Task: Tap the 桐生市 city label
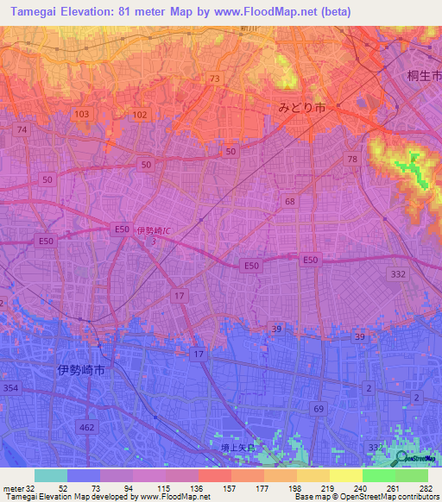point(424,76)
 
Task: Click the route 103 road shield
point(82,114)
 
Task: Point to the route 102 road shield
point(141,114)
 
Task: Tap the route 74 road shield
point(22,129)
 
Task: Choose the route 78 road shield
point(351,159)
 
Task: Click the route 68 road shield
point(289,201)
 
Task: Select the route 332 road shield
point(398,273)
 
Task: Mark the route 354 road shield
point(10,390)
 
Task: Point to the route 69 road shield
point(319,408)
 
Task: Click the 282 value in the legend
point(426,487)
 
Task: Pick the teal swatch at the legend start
point(51,475)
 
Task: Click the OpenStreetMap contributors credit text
point(394,497)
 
